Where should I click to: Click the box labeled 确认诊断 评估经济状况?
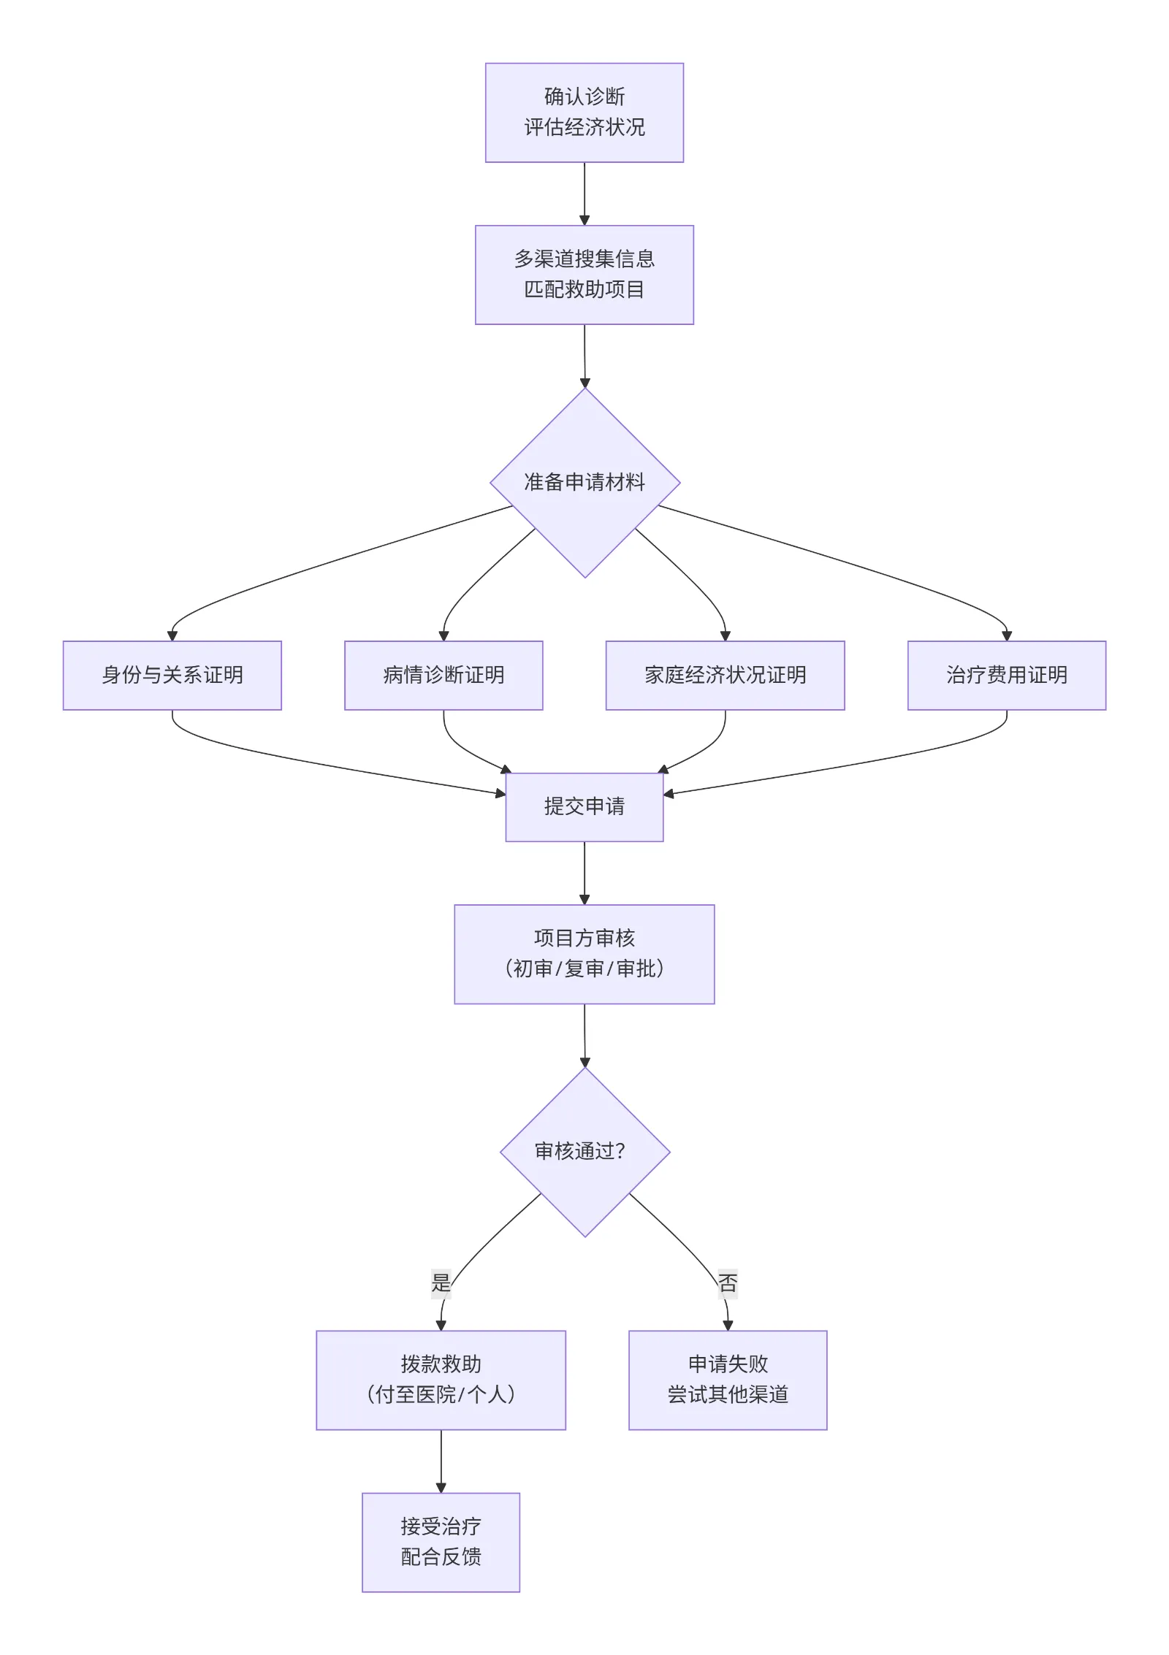584,112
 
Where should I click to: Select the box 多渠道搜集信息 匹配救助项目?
584,275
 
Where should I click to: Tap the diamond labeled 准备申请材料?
584,483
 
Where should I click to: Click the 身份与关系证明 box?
172,675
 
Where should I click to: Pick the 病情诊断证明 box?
443,675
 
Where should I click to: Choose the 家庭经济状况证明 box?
725,675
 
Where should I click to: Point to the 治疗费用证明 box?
1006,675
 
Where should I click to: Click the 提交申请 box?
584,806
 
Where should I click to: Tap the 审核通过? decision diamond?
584,1152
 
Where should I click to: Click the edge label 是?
441,1283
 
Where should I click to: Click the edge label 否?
728,1283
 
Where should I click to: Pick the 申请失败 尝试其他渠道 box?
728,1380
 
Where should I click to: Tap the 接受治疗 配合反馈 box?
441,1542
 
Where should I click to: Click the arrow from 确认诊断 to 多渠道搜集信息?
584,194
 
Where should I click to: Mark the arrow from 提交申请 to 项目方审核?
584,873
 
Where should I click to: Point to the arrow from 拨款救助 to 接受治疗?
441,1461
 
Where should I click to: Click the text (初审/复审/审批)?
584,969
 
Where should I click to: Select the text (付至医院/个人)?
441,1395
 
